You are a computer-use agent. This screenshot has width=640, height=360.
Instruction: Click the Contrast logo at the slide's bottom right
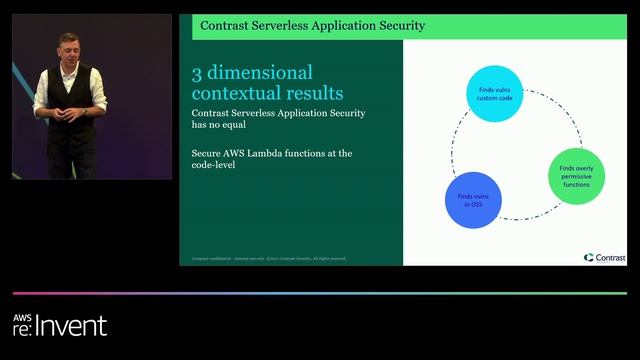(603, 257)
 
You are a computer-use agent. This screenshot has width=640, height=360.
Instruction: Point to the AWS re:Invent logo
(59, 325)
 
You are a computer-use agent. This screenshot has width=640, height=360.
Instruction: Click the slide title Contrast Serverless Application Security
(312, 25)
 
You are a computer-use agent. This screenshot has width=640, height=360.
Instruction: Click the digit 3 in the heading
(197, 73)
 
